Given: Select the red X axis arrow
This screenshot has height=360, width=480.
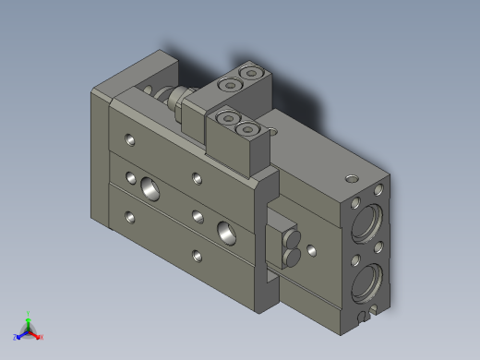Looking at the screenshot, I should pyautogui.click(x=39, y=337).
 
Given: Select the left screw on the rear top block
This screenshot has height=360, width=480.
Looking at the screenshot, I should pyautogui.click(x=226, y=85).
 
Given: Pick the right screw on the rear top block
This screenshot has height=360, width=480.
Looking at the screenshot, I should pyautogui.click(x=246, y=72).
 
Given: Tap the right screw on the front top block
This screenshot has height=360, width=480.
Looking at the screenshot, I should pyautogui.click(x=251, y=130).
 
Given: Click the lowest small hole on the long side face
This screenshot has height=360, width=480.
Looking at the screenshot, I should pyautogui.click(x=195, y=255).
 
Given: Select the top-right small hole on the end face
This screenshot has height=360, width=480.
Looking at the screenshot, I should pyautogui.click(x=379, y=190).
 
